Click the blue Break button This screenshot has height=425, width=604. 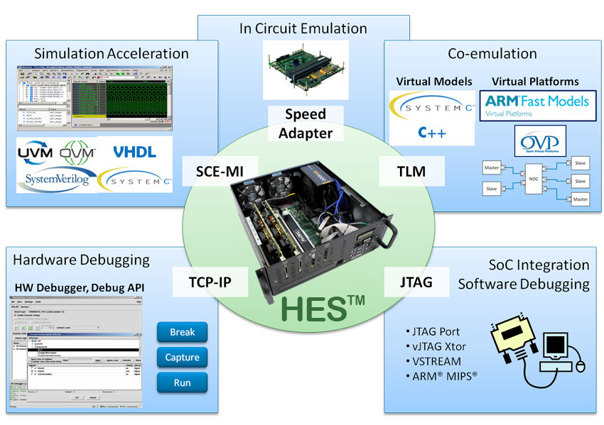pos(183,332)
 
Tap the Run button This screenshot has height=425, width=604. pos(183,383)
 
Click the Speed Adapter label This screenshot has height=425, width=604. pos(306,123)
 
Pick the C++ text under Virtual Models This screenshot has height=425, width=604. pos(431,133)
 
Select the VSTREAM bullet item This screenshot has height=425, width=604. pos(435,360)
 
